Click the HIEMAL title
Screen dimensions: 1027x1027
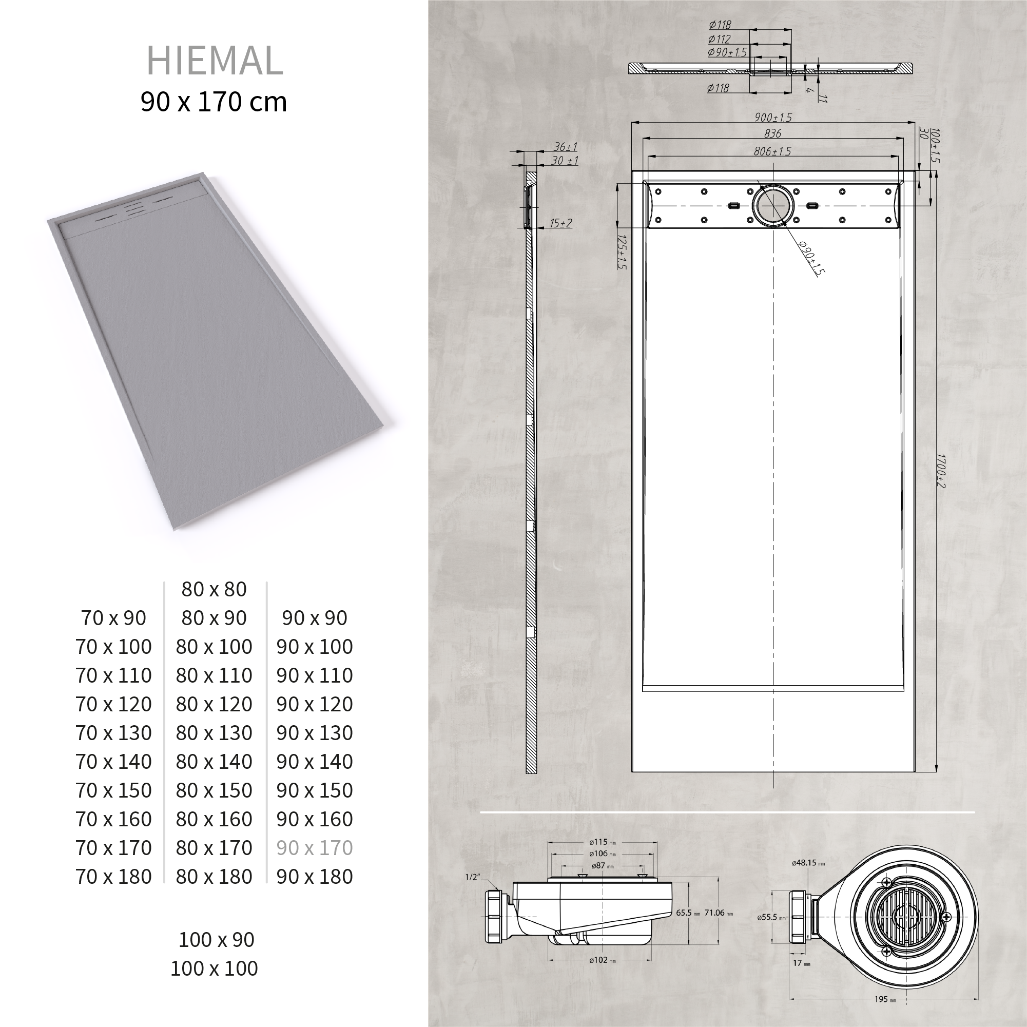(214, 61)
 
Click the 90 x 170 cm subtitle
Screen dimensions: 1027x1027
(214, 102)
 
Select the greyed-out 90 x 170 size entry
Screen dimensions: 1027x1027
(314, 847)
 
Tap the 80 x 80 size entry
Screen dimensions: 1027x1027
(214, 589)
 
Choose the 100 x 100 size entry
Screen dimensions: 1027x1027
(214, 968)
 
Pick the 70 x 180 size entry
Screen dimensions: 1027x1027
(114, 876)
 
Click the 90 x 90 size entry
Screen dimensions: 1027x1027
(314, 618)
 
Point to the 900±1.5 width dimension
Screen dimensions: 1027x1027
(772, 118)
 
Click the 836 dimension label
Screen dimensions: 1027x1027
(772, 133)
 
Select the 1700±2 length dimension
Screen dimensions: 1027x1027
(940, 471)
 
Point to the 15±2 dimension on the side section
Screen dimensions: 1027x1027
(561, 223)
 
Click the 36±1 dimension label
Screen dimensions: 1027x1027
(565, 147)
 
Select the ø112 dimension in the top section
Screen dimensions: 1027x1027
(719, 39)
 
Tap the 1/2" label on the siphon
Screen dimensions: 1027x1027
(472, 877)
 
